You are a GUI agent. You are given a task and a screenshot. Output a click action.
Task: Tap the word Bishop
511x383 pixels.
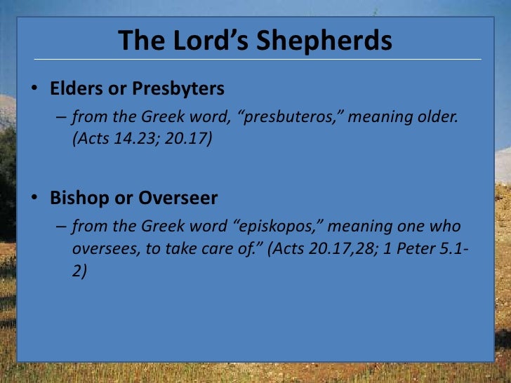coord(77,199)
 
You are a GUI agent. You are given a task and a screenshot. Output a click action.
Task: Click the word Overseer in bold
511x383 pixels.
coord(178,199)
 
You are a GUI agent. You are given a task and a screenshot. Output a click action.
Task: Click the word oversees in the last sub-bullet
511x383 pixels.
coord(101,249)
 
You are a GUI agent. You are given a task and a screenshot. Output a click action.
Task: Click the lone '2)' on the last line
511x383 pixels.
coord(79,271)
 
